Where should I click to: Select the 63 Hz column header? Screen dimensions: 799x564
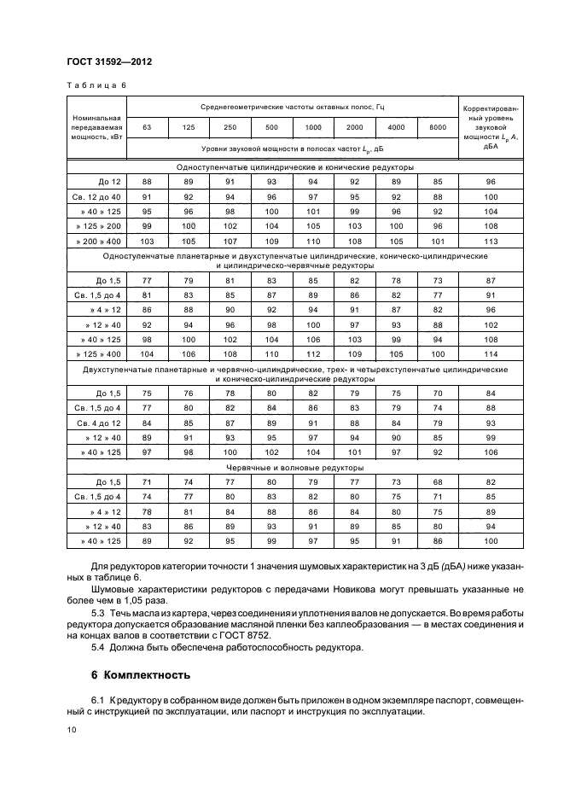click(x=147, y=127)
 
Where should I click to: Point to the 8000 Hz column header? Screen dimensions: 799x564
click(x=438, y=127)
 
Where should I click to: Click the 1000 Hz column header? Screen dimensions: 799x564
click(x=313, y=127)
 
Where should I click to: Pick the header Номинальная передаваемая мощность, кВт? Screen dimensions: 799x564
click(x=96, y=127)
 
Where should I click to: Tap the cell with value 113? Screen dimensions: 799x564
click(x=491, y=241)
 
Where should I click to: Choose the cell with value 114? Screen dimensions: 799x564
click(x=491, y=353)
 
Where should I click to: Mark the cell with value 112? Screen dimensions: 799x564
click(x=313, y=353)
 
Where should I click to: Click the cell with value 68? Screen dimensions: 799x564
click(x=438, y=481)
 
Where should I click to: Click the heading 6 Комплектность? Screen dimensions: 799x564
click(x=140, y=675)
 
